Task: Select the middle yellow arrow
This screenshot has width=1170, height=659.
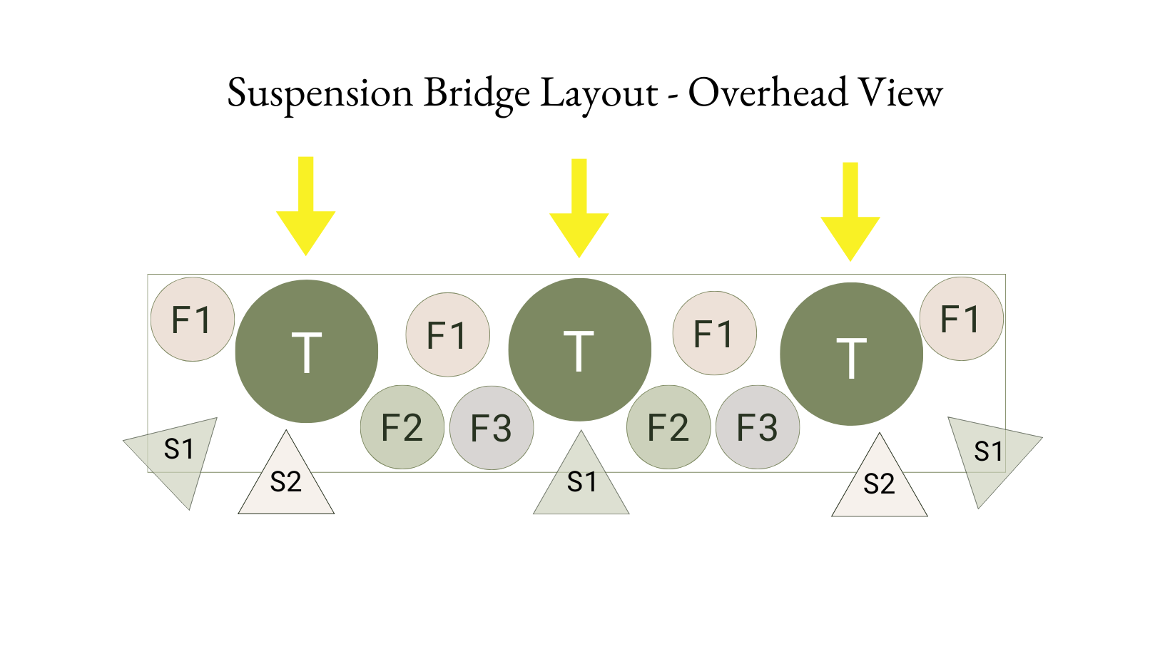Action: point(579,215)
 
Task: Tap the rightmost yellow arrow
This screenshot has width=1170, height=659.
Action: point(850,218)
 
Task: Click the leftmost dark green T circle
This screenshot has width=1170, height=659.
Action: point(307,351)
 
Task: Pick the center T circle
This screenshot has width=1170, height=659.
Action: point(579,349)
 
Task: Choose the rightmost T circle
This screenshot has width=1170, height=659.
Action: point(851,354)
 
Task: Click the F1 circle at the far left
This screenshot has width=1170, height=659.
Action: point(193,320)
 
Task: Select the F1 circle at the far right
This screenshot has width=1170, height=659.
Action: point(961,319)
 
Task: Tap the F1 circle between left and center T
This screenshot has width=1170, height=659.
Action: point(447,334)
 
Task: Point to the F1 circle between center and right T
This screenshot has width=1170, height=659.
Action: point(714,333)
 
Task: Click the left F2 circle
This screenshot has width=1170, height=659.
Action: point(402,427)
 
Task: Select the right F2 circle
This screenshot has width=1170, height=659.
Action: point(668,427)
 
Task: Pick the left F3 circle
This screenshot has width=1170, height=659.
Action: point(492,428)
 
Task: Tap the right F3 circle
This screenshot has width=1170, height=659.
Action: point(758,427)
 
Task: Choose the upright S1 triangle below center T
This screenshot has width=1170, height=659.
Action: point(581,481)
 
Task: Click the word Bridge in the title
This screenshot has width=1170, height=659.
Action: point(477,93)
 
